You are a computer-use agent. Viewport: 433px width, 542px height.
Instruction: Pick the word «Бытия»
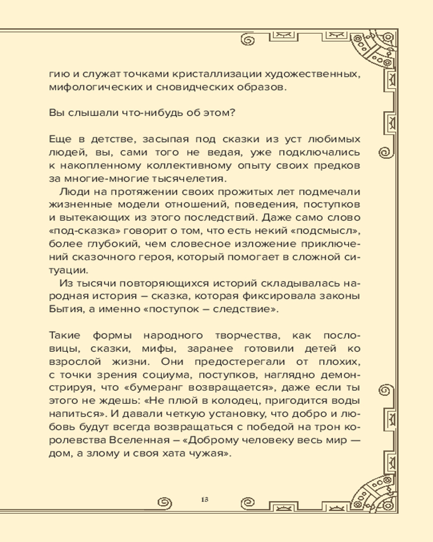point(65,309)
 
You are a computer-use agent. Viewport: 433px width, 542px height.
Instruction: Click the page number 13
point(204,499)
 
